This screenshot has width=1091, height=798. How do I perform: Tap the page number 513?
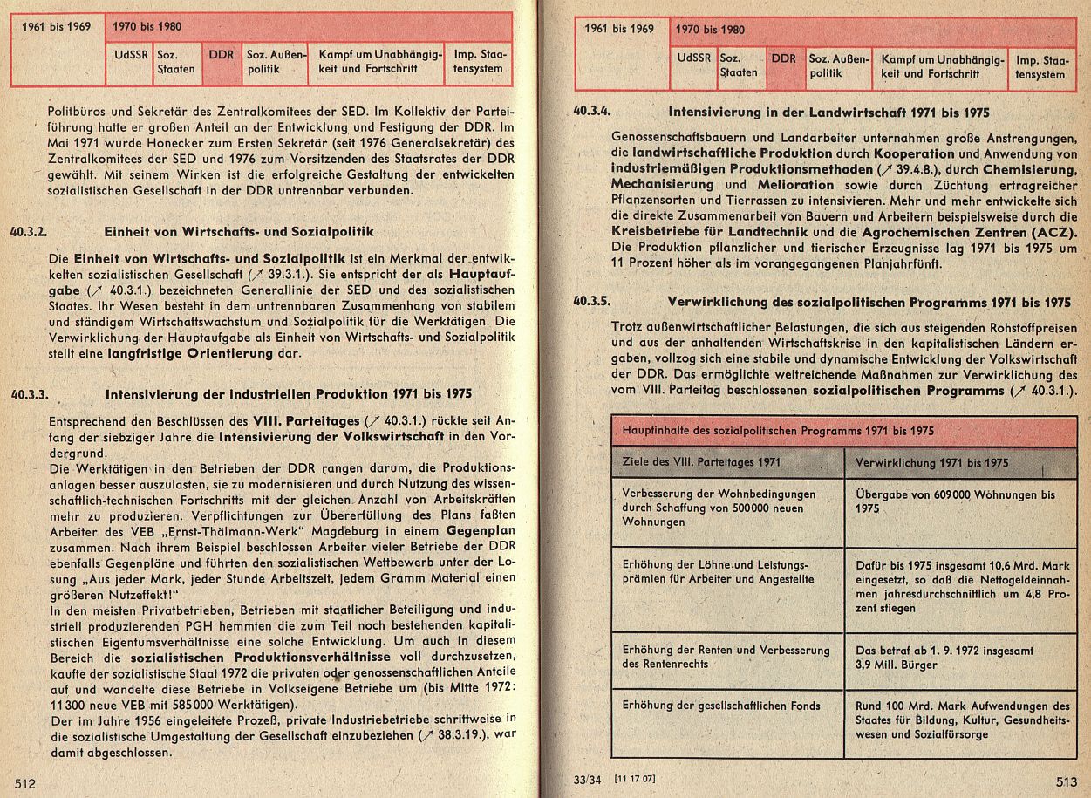(x=1066, y=782)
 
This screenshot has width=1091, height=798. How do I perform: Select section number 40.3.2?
(x=33, y=233)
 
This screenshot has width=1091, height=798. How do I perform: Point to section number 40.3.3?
(x=33, y=393)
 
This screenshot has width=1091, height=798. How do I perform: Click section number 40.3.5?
(x=592, y=302)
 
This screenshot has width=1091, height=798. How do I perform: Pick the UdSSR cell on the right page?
(x=692, y=59)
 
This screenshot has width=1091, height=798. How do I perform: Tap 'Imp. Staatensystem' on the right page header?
(x=1041, y=67)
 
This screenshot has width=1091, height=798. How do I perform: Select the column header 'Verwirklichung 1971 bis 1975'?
(x=932, y=462)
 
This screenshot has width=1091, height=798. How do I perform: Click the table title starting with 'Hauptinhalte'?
(x=778, y=431)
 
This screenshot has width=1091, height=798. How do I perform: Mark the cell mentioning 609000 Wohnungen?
(x=955, y=501)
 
